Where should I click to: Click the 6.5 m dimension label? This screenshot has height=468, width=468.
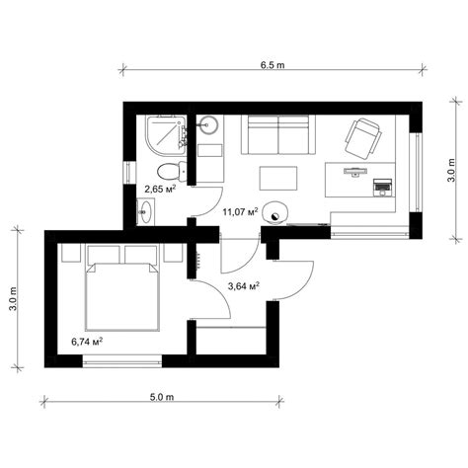tap(273, 64)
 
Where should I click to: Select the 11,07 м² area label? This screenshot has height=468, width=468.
tap(240, 211)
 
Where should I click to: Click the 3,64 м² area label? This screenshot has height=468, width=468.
tap(243, 286)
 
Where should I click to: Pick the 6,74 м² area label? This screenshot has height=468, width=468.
tap(87, 342)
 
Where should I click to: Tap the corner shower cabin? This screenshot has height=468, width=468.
tap(158, 135)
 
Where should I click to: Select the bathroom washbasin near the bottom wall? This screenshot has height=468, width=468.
tap(146, 210)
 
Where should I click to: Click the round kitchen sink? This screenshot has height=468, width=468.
tap(208, 126)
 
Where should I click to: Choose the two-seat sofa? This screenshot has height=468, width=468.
tap(277, 135)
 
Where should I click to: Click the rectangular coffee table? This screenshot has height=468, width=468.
tap(277, 179)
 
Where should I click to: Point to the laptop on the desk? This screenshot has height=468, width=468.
tap(381, 184)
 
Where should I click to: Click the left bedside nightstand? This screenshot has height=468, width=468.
tap(70, 253)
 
